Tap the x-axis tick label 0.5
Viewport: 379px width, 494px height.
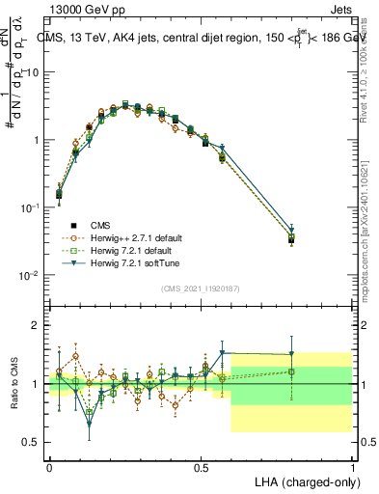201,467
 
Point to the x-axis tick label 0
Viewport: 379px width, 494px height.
50,467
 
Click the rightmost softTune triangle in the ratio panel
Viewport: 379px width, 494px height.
291,354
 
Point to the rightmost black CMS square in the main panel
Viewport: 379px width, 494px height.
291,240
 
